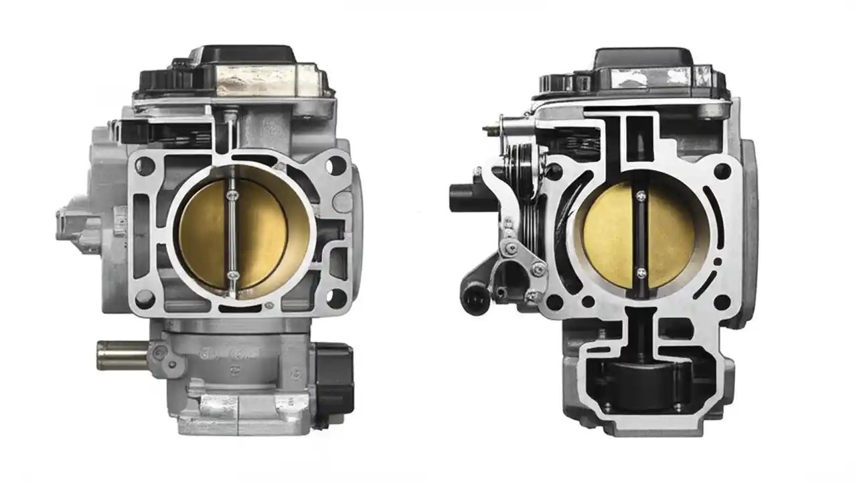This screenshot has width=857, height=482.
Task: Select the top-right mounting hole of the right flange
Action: tap(722, 169)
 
